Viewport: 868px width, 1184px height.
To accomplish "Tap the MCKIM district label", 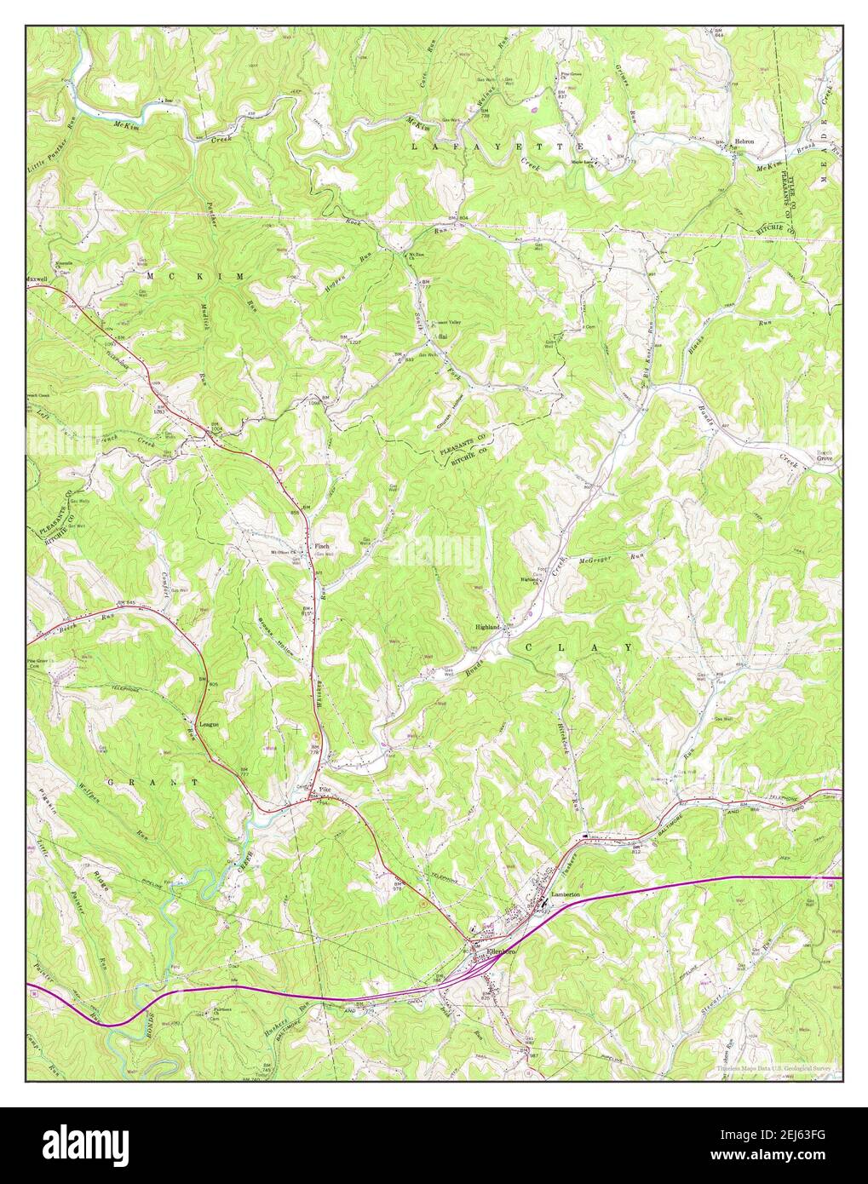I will click(x=195, y=278).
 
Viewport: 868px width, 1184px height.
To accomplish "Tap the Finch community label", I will click(x=322, y=546).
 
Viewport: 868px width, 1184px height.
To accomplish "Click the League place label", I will click(x=209, y=724).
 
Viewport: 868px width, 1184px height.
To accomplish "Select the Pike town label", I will click(x=324, y=790).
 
